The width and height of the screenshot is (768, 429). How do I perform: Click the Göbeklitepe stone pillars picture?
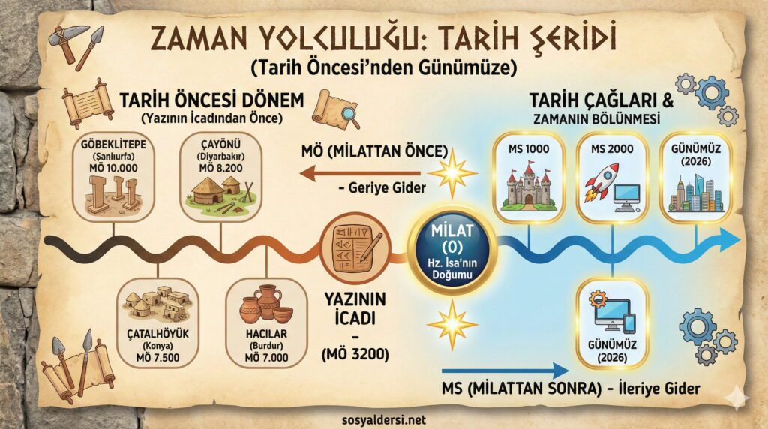(x=113, y=193)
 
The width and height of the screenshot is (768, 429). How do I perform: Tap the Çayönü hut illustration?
(x=220, y=192)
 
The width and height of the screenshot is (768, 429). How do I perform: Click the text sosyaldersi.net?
(x=384, y=419)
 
